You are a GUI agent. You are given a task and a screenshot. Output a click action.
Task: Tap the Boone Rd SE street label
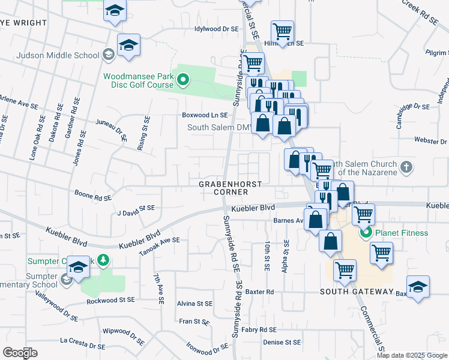click(x=93, y=196)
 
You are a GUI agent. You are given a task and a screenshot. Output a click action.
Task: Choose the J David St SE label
click(x=136, y=208)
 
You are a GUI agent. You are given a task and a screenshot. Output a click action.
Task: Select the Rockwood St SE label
click(x=112, y=299)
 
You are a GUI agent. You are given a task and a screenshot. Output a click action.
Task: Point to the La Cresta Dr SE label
click(x=82, y=343)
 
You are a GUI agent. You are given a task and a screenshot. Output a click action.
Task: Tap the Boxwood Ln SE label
click(x=205, y=115)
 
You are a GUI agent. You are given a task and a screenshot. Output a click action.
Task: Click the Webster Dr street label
click(x=431, y=140)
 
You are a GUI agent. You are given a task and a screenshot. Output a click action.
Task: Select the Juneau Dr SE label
click(x=112, y=128)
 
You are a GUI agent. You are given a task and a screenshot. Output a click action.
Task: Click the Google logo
click(x=20, y=353)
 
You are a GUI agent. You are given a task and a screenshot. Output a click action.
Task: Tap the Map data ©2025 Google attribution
click(x=411, y=355)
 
